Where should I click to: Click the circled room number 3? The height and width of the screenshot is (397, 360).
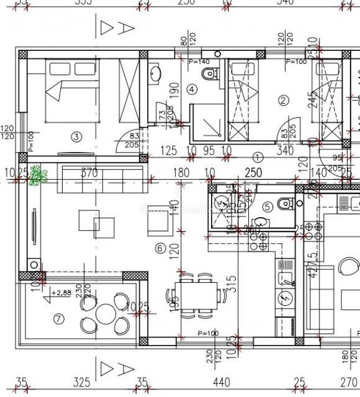[x=77, y=136]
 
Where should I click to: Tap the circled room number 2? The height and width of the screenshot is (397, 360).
[x=284, y=100]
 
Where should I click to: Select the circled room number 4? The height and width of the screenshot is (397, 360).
[x=192, y=89]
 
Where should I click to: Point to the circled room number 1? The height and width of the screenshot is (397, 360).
[x=258, y=157]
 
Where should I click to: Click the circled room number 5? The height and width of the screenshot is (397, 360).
[x=268, y=207]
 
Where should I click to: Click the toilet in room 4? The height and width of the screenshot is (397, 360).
[x=210, y=74]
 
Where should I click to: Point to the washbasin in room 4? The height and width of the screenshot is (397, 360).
[x=155, y=75]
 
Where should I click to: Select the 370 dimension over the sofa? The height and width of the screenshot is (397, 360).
[x=91, y=173]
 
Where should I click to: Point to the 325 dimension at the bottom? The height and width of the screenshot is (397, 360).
[x=81, y=381]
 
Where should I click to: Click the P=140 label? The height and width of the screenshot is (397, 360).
[x=199, y=61]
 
